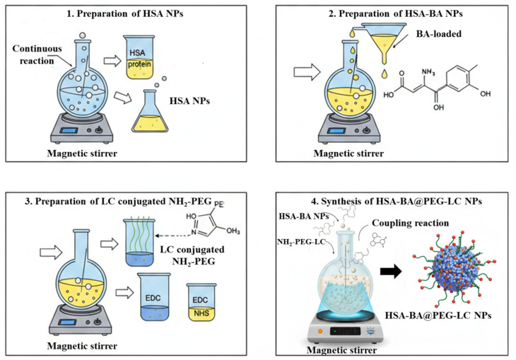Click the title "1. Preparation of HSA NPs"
coord(125,14)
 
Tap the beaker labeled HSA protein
coord(139,57)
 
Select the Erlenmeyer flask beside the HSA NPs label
coord(150,111)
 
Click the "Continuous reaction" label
coord(37,54)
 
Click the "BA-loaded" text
coord(439,34)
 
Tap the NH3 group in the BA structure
coord(428,72)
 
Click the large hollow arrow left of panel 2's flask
coord(307,72)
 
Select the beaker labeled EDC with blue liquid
coord(153,297)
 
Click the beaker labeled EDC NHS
coord(201,303)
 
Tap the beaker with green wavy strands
coord(139,242)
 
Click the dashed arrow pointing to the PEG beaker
coord(173,236)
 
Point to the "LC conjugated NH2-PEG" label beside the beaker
coord(192,255)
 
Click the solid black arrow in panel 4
coord(391,272)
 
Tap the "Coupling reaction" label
coord(411,223)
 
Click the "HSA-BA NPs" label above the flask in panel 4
coord(303,216)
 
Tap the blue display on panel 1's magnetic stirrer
coord(69,130)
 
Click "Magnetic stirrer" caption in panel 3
coord(82,346)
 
